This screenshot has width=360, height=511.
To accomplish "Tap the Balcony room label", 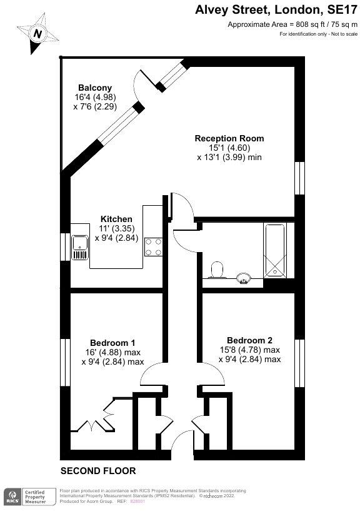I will point(94,88).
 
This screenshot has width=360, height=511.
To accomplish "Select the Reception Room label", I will point(229,138).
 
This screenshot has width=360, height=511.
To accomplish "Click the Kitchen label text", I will point(116,219).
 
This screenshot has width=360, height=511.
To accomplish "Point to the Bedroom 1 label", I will point(112,343).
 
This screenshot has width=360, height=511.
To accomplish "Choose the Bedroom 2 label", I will point(249,340).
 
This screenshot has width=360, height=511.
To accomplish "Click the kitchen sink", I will point(81,247).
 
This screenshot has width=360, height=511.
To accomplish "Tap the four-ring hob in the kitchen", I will point(154,246).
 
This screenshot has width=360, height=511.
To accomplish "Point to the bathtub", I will point(276,251).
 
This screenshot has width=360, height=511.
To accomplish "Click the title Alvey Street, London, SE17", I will point(275,9).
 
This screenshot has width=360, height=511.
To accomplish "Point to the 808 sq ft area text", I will point(292,24).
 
